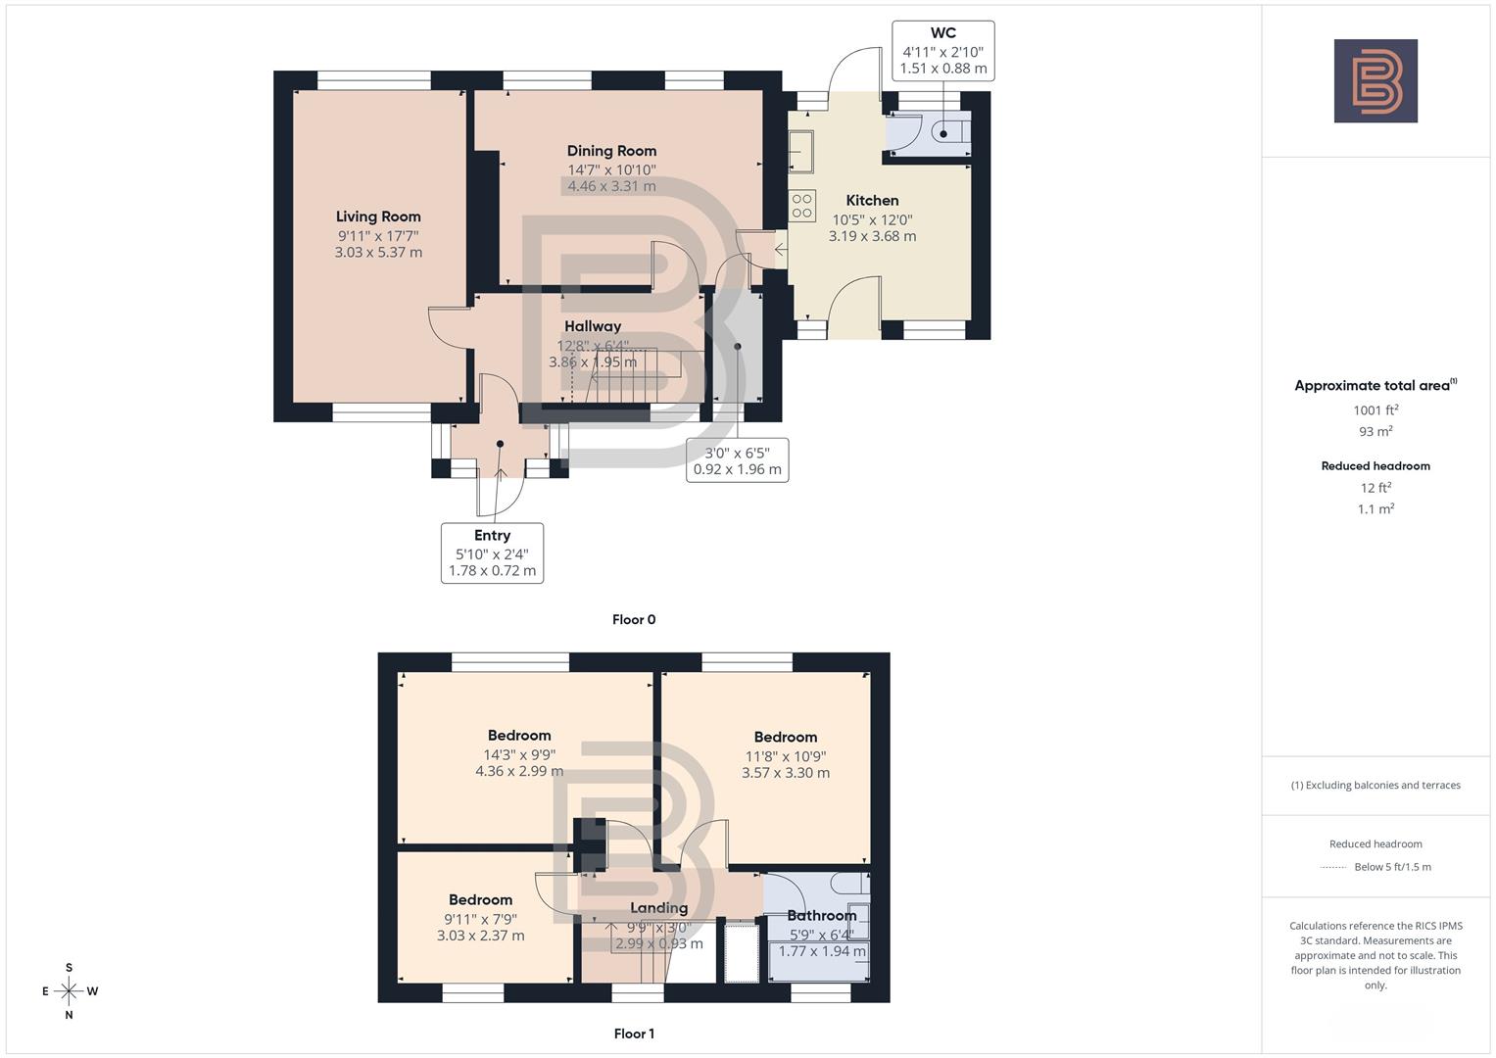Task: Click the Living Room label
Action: pos(378,216)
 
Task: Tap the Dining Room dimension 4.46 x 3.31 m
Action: pos(611,186)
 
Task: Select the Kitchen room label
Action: pos(872,200)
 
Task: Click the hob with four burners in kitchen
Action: pos(802,205)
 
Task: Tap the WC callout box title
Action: pos(942,33)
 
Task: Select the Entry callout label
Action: pos(492,535)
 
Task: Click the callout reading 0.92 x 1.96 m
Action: pos(737,469)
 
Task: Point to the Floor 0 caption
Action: pos(634,619)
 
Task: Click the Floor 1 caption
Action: pos(634,1034)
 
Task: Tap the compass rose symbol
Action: pos(69,991)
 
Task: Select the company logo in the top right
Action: pos(1375,81)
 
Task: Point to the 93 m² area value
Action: pos(1375,431)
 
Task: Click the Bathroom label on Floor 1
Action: pos(822,915)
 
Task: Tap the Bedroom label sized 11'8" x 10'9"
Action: pos(785,737)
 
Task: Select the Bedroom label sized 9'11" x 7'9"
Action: pos(480,899)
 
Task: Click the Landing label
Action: pos(658,907)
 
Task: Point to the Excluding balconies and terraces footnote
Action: pos(1375,785)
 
